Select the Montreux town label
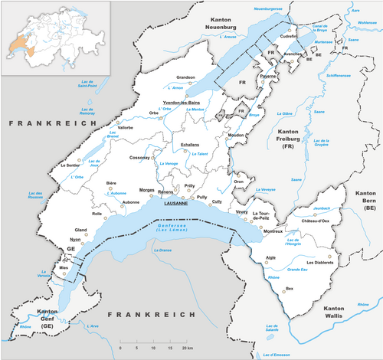coord(273,231)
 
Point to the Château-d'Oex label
coord(315,221)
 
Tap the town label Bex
coord(289,288)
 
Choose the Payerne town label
coord(268,77)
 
